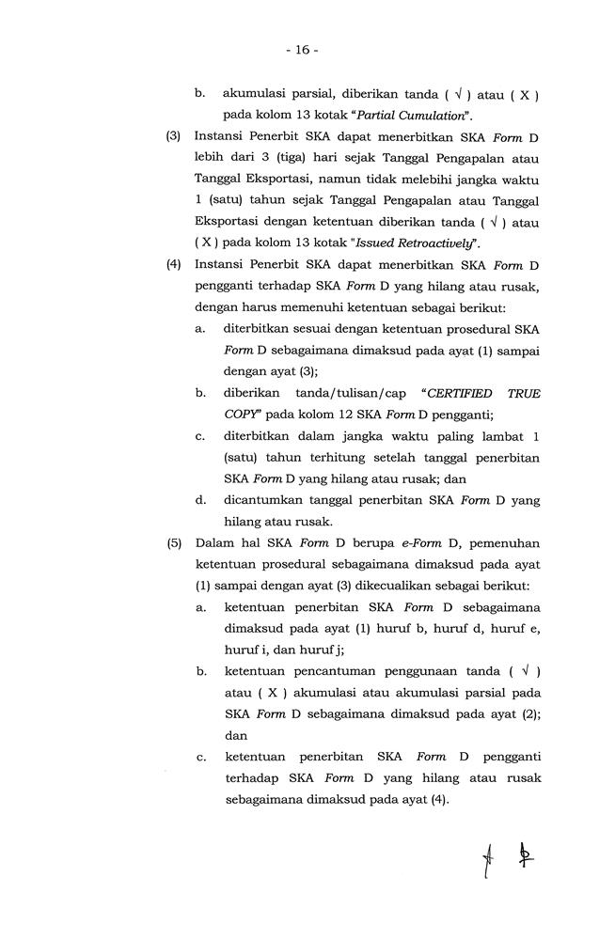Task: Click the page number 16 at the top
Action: (307, 49)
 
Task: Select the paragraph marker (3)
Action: (174, 135)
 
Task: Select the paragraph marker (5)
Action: (174, 543)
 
